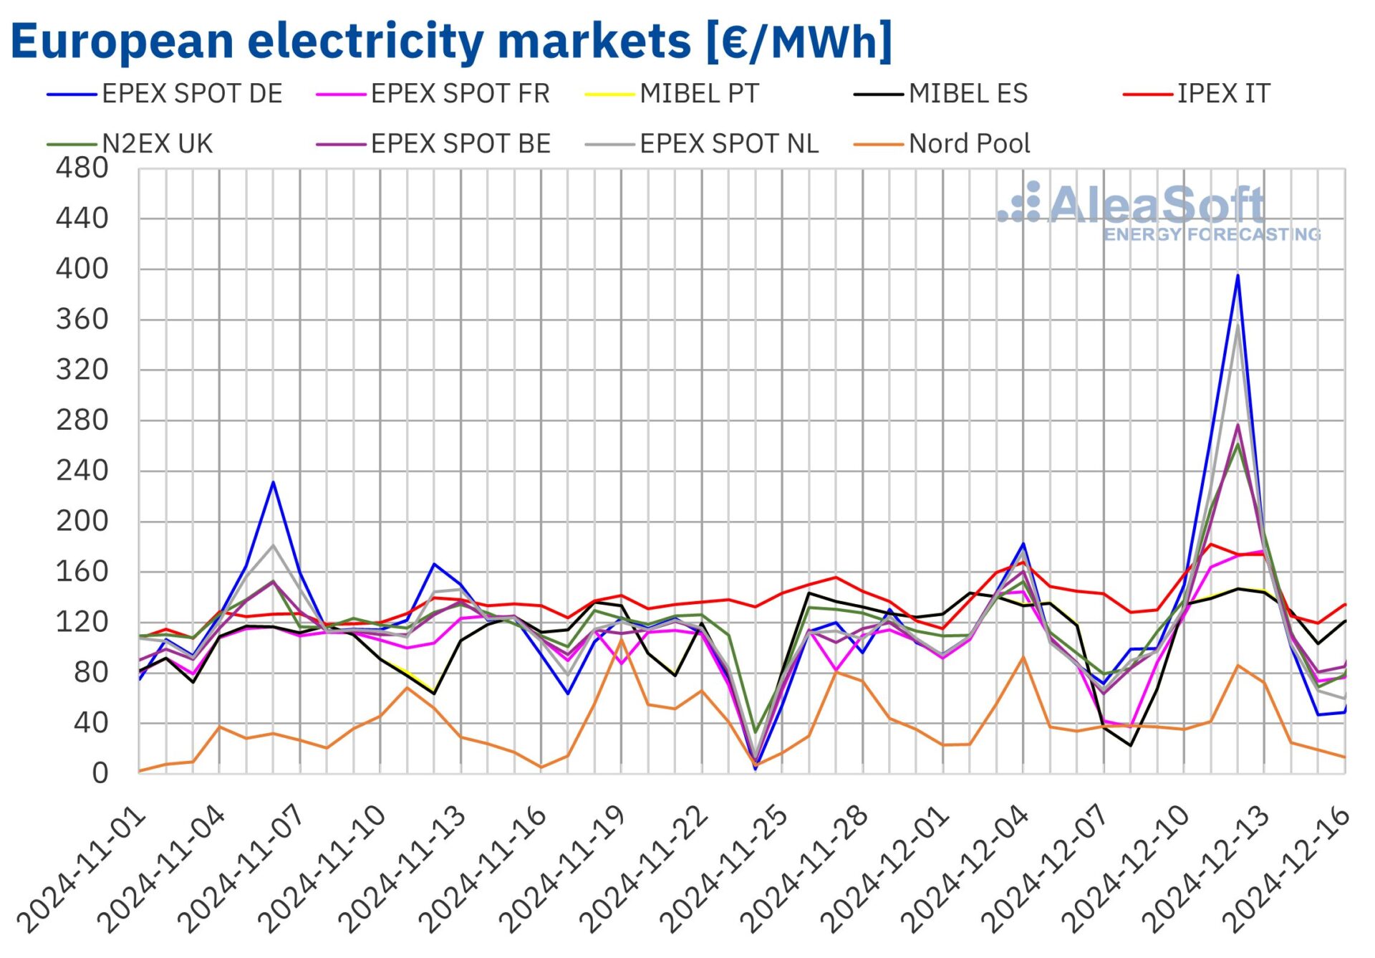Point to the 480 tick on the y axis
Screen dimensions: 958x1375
pyautogui.click(x=82, y=168)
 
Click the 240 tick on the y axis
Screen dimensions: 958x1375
pyautogui.click(x=82, y=471)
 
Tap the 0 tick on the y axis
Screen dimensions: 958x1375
pyautogui.click(x=100, y=774)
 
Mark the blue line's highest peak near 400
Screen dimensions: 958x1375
pyautogui.click(x=1237, y=276)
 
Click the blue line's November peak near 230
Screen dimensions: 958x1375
pyautogui.click(x=273, y=482)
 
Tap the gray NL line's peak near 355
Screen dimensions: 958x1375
pyautogui.click(x=1237, y=327)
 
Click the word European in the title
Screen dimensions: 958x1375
pyautogui.click(x=122, y=42)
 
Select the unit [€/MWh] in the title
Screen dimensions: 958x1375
pyautogui.click(x=799, y=42)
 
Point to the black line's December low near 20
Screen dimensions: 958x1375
pyautogui.click(x=1130, y=745)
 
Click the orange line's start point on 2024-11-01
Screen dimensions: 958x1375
pyautogui.click(x=140, y=771)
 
